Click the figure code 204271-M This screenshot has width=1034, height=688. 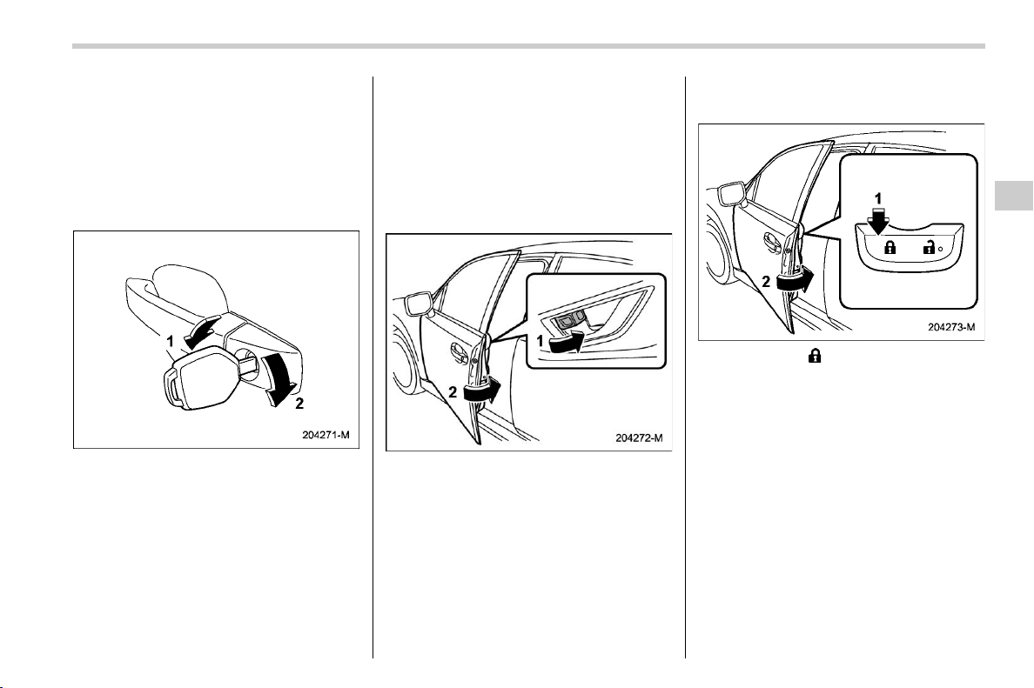coord(326,435)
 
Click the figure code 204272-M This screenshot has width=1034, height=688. coord(639,438)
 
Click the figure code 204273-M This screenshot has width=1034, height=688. coord(951,327)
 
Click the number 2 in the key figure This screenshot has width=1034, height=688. coord(299,404)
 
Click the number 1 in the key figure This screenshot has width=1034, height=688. coord(170,341)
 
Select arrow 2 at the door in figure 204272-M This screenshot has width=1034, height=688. coord(482,391)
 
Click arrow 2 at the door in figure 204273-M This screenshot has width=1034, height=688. coord(796,282)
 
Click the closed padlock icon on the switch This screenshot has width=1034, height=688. coord(890,248)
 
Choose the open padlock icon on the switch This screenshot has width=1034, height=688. coord(929,248)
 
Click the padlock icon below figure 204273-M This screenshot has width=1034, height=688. coord(815,356)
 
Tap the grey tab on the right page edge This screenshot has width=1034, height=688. coord(1014,195)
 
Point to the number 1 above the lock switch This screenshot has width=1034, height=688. coord(877,198)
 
